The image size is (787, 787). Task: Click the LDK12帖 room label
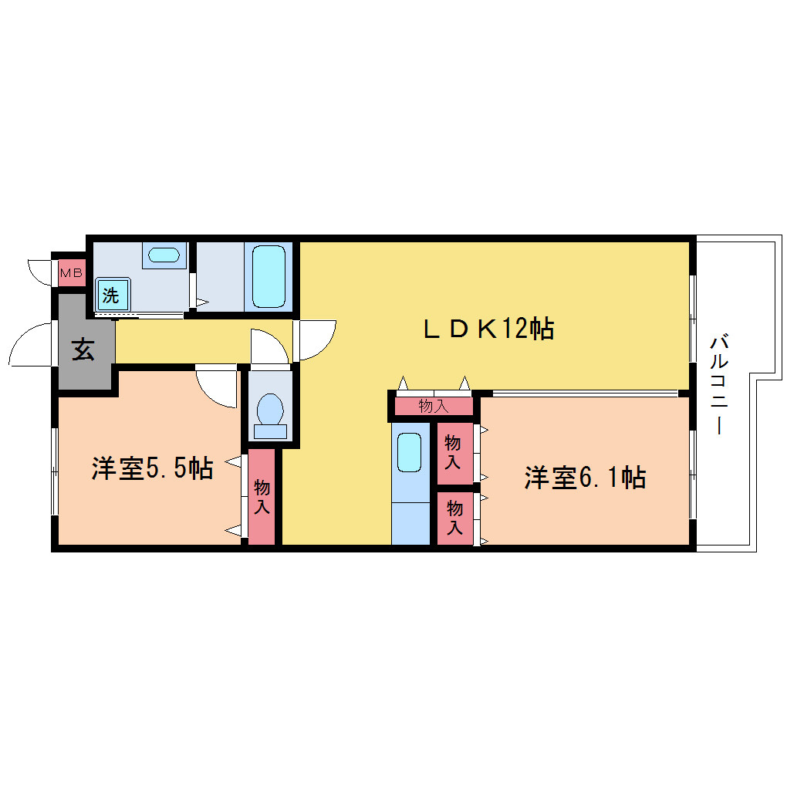coord(489,329)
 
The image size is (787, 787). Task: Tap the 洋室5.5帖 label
coord(153,468)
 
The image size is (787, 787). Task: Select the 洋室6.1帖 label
coord(585,478)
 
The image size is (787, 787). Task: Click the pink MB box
coord(72,273)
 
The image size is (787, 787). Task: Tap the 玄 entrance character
coord(83,350)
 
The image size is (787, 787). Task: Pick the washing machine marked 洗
coord(113,295)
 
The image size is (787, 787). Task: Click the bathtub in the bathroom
coord(269,276)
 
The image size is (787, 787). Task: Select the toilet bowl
coord(271,416)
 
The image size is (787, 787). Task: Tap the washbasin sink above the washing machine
coord(164,255)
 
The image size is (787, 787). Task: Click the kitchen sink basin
coord(409,452)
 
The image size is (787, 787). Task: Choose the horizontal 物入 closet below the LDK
coord(434,406)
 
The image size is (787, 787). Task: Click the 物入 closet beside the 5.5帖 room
coord(262,496)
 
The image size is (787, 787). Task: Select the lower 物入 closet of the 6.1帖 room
coord(454,518)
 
